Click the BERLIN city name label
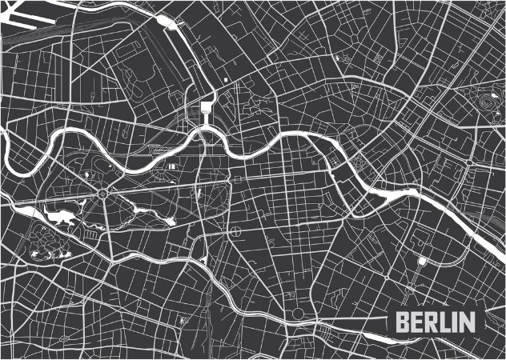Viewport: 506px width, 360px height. click(x=436, y=323)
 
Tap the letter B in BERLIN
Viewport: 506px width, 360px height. click(x=403, y=323)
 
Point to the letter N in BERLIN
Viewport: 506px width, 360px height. click(x=467, y=323)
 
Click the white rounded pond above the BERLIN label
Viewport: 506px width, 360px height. click(x=422, y=261)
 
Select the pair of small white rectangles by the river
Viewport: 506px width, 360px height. click(x=173, y=165)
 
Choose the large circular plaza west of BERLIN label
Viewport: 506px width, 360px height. click(x=299, y=313)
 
